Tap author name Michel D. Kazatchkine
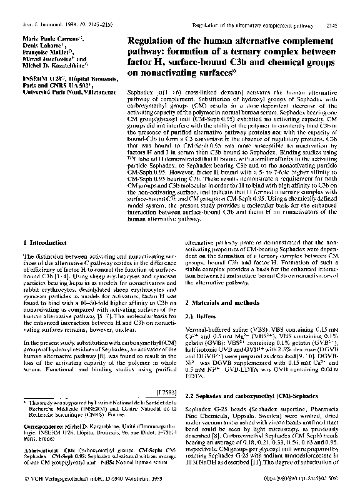point(55,64)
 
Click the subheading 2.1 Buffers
point(200,316)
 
